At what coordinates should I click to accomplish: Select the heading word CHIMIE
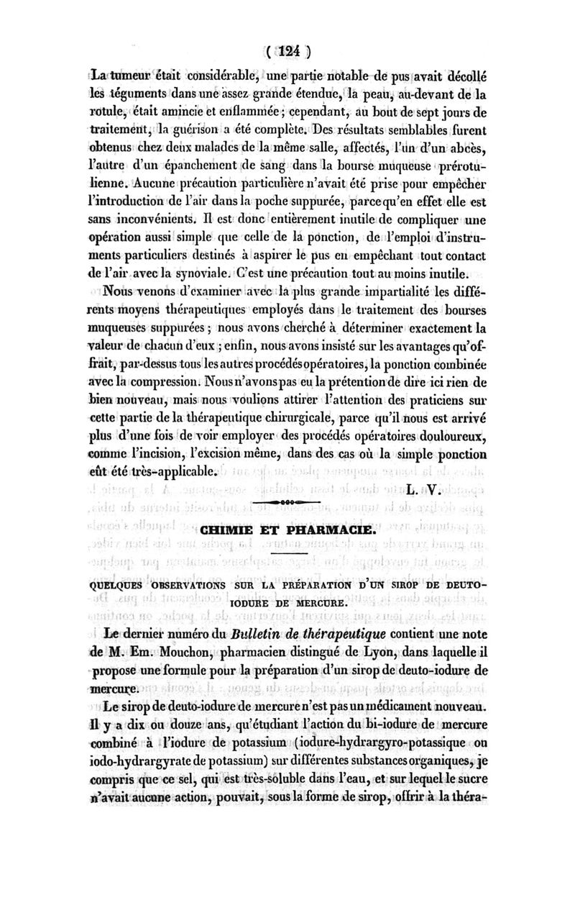tap(233, 530)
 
